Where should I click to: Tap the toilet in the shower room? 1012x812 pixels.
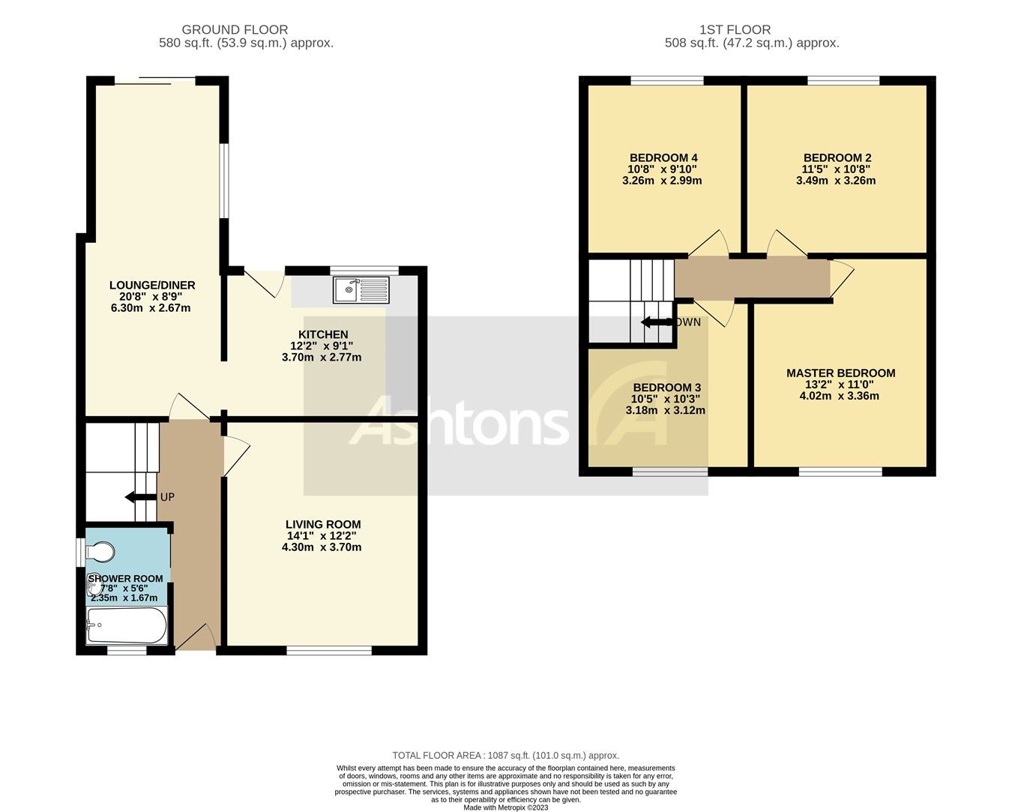click(99, 553)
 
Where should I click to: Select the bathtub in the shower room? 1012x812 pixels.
click(126, 626)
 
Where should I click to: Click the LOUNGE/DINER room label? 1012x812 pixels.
click(152, 285)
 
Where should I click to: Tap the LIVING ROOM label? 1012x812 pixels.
click(323, 525)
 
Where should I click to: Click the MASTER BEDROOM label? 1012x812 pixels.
click(840, 373)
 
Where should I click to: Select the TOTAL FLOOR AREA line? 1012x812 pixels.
click(506, 756)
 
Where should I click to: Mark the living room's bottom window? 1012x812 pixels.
click(329, 650)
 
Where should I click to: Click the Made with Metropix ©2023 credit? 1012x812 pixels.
click(506, 808)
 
